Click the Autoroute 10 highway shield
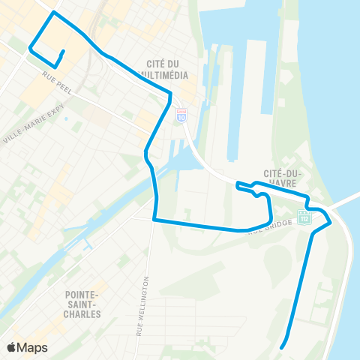coord(181,114)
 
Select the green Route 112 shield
coord(304,217)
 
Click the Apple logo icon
coord(13,347)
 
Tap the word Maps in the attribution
coord(32,347)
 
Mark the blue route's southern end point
coord(281,347)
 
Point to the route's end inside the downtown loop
coord(63,51)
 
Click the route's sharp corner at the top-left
coord(52,13)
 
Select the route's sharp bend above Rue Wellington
coord(154,220)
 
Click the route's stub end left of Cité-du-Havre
coord(237,183)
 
